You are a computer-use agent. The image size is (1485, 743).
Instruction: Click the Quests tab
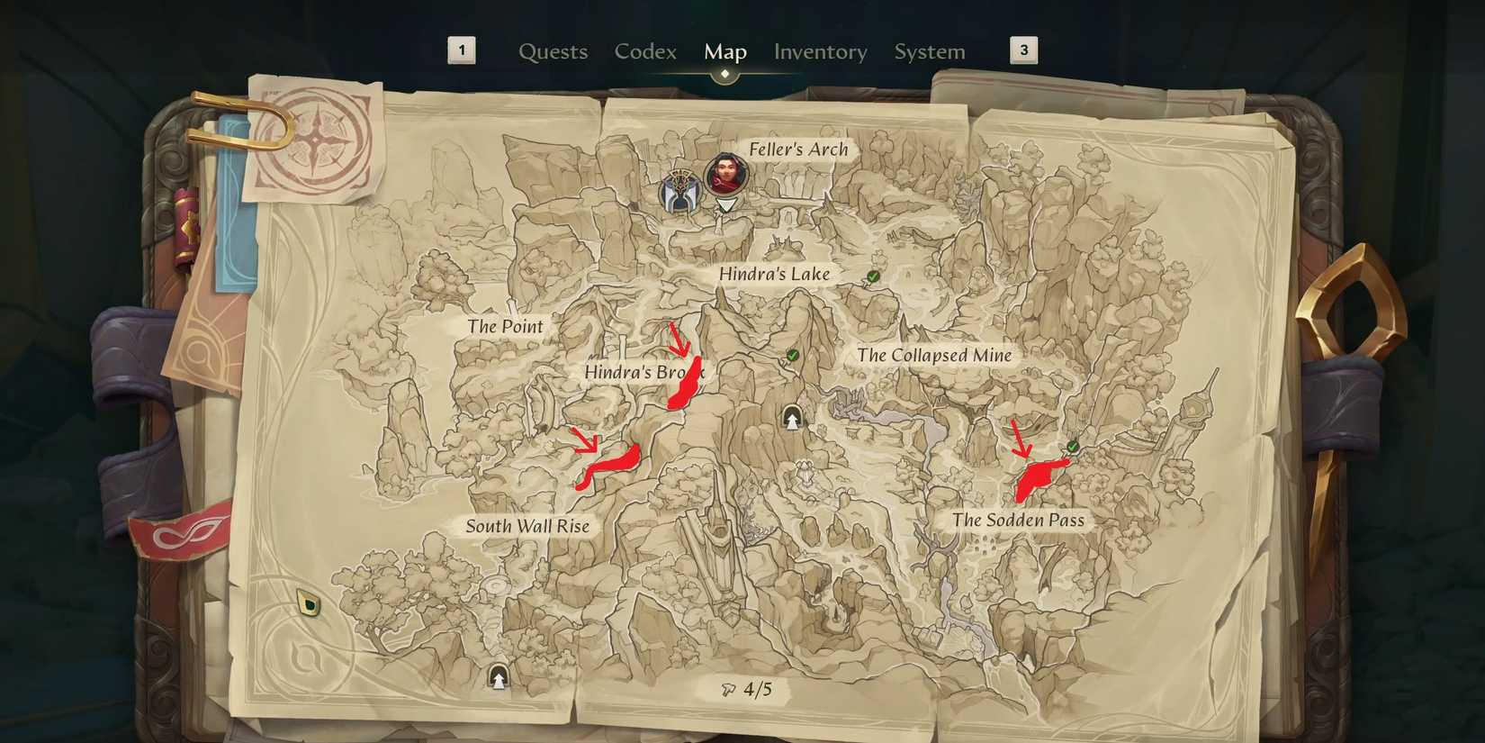pyautogui.click(x=553, y=52)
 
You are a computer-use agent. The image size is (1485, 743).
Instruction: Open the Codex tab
pyautogui.click(x=645, y=52)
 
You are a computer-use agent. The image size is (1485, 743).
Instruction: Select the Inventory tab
pyautogui.click(x=820, y=52)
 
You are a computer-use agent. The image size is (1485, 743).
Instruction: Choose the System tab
pyautogui.click(x=929, y=52)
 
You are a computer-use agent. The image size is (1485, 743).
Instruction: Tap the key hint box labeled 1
pyautogui.click(x=462, y=50)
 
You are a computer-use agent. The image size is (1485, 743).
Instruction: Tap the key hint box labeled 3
pyautogui.click(x=1023, y=50)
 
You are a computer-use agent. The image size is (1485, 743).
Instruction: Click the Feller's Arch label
pyautogui.click(x=798, y=150)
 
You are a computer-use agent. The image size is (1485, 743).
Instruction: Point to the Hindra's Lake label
pyautogui.click(x=774, y=274)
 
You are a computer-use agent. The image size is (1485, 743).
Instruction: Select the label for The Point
pyautogui.click(x=505, y=327)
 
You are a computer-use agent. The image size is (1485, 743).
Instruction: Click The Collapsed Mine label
pyautogui.click(x=934, y=356)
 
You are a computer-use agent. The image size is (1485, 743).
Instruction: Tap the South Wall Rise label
pyautogui.click(x=527, y=527)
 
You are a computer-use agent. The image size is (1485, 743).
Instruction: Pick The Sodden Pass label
pyautogui.click(x=1018, y=521)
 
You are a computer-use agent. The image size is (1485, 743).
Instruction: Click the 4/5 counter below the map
pyautogui.click(x=748, y=690)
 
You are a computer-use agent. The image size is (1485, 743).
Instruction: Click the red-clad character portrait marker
pyautogui.click(x=725, y=175)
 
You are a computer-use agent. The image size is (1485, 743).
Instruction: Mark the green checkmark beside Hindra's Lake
pyautogui.click(x=872, y=276)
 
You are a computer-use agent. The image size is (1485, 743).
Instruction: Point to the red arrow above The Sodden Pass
pyautogui.click(x=1020, y=439)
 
